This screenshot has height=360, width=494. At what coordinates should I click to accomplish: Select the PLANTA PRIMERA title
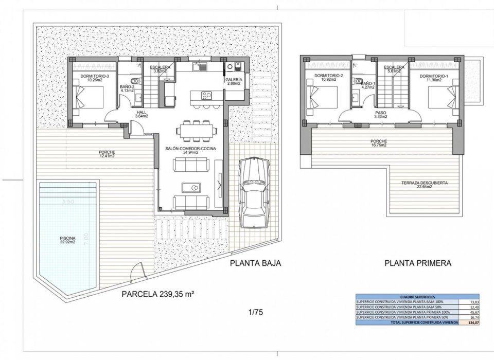point(417,264)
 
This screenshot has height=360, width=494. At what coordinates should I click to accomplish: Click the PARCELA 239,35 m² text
point(157,295)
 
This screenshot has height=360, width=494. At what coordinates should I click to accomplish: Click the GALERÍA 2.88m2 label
point(234,82)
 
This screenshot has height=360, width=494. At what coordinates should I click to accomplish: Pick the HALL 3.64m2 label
point(142,114)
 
